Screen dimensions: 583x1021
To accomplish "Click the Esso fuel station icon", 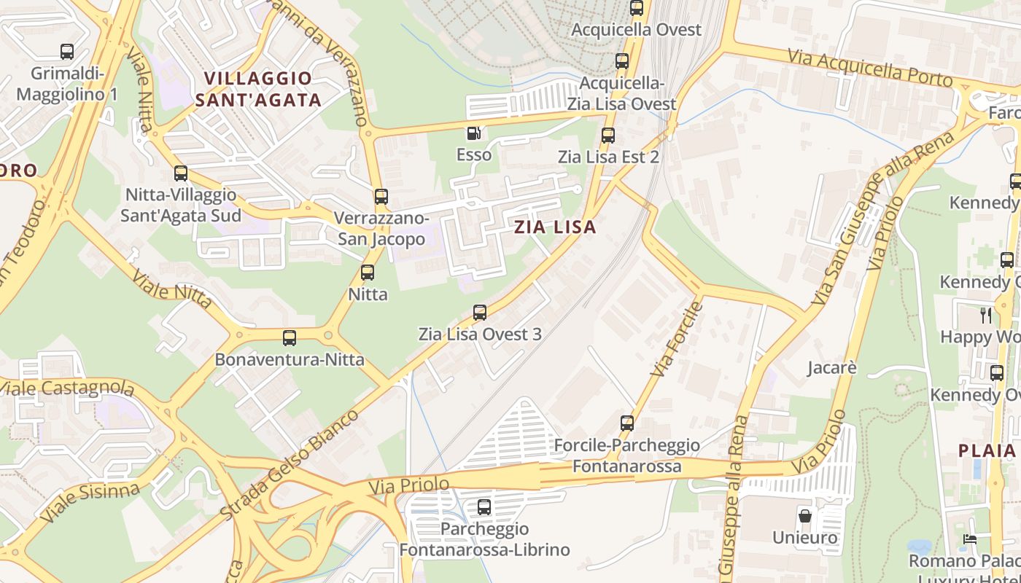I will tap(473, 133).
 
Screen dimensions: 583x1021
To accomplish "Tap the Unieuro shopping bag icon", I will tap(805, 516).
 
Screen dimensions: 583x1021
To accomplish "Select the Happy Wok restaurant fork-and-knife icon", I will tap(986, 315).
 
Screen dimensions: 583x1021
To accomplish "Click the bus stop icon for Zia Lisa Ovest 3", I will tap(479, 313).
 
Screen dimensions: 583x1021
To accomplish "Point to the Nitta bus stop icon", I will tap(368, 273).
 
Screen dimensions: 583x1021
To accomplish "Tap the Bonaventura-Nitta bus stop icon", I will tap(290, 338).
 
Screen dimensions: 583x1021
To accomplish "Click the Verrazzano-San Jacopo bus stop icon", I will tap(381, 196).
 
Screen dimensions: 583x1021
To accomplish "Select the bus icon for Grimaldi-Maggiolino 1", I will tap(67, 52).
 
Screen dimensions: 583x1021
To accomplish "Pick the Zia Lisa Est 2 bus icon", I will tap(607, 135).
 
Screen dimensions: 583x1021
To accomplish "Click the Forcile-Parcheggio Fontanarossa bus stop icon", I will tap(626, 423).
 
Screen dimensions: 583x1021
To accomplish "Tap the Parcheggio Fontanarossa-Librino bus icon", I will tap(484, 507).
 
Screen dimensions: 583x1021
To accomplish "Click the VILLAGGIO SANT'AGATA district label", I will tap(258, 89).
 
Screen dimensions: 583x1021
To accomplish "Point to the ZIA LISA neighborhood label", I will tap(555, 227).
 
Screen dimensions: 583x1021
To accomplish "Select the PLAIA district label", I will tap(987, 450).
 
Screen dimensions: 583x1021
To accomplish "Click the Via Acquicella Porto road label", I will tap(870, 68).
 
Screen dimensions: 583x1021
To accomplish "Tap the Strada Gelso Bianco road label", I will tap(290, 465).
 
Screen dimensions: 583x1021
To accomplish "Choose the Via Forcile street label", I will tap(676, 340).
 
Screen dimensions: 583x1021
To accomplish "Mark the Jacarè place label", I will tap(831, 367).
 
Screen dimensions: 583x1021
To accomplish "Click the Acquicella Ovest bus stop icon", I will tap(637, 8).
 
